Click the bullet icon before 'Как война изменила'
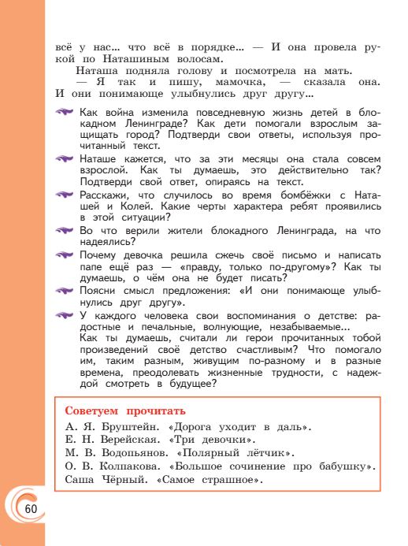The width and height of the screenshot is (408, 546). tap(65, 113)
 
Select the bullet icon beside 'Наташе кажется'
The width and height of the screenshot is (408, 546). tap(65, 158)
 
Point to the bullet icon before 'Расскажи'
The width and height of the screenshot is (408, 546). tap(65, 193)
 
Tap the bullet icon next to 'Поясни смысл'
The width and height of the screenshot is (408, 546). tap(65, 291)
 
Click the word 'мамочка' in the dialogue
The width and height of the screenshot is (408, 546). tap(230, 81)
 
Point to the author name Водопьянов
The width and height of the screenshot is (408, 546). tap(133, 453)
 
